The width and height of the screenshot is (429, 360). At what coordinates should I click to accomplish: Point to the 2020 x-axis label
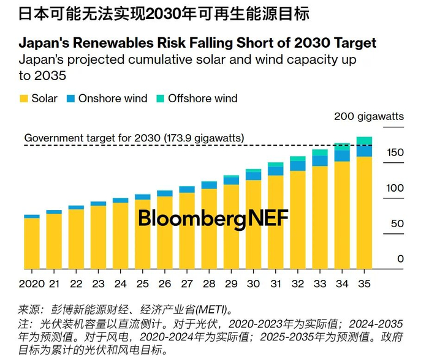click(x=31, y=284)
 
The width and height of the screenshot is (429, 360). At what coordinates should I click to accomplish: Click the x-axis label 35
click(x=364, y=284)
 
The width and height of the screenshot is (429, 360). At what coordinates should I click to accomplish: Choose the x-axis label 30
click(x=253, y=284)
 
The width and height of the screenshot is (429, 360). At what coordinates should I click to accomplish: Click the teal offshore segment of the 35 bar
click(x=364, y=141)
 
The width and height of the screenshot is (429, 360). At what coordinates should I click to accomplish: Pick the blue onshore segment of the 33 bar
click(x=320, y=161)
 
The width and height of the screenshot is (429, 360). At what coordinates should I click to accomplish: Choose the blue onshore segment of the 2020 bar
click(x=31, y=217)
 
